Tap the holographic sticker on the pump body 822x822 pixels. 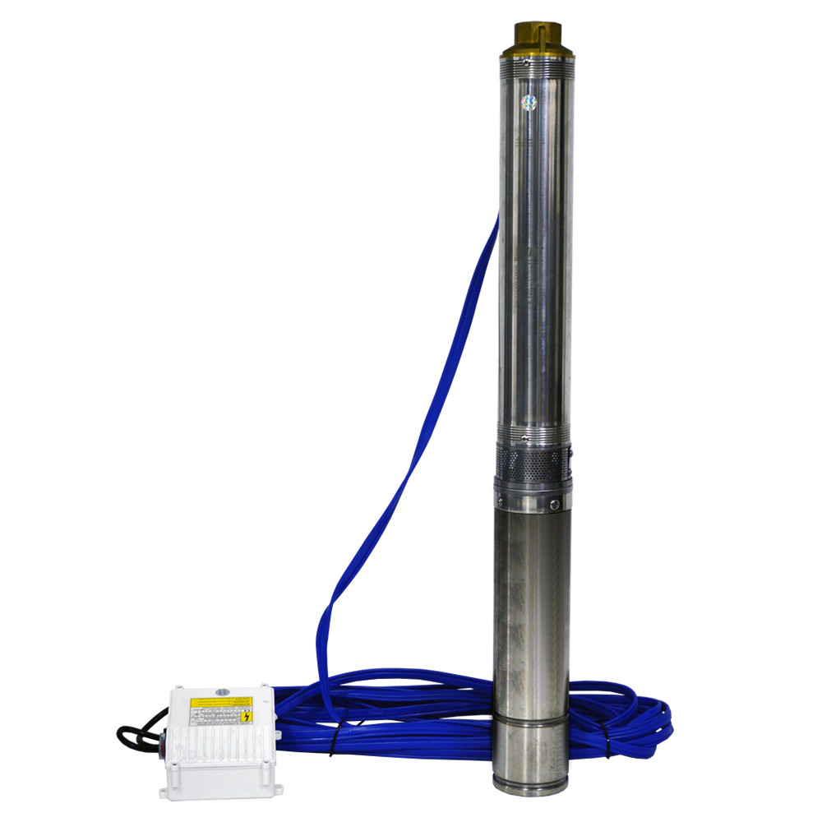click(x=529, y=101)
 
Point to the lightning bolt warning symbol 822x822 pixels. click(x=246, y=717)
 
